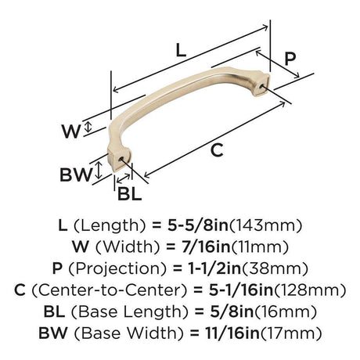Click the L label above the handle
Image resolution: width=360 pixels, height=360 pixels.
(181, 52)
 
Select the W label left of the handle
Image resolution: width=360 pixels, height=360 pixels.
(70, 131)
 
